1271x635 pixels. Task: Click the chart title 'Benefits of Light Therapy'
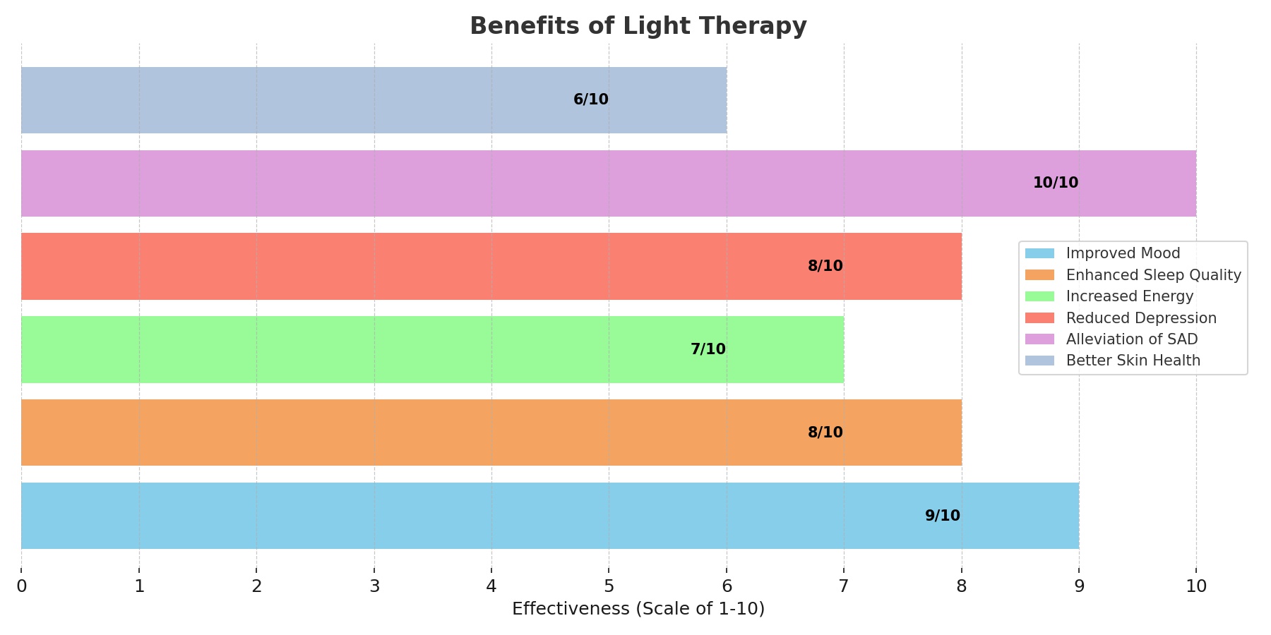tap(638, 26)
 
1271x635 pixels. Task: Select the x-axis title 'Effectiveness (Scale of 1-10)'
tap(638, 609)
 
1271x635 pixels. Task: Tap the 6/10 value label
tap(590, 99)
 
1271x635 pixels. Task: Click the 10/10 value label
tap(1055, 183)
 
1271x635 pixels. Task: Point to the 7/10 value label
tap(708, 349)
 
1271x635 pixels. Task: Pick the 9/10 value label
tap(942, 516)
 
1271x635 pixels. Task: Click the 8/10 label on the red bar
tap(825, 266)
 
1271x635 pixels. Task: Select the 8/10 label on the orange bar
tap(825, 433)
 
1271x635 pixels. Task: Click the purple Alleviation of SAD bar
tap(494, 183)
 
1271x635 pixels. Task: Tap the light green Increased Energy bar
tap(353, 349)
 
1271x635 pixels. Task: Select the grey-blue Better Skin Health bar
tap(282, 99)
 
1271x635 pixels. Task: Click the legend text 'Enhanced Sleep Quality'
tap(1153, 275)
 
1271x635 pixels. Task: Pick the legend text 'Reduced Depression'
tap(1141, 318)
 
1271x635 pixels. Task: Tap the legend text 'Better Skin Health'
tap(1133, 361)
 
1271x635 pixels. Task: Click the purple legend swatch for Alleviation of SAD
tap(1039, 339)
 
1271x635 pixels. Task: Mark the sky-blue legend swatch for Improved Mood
tap(1039, 253)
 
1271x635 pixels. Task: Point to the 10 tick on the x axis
tap(1195, 586)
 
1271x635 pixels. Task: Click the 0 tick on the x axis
tap(21, 586)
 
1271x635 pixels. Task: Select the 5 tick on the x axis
tap(609, 586)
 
